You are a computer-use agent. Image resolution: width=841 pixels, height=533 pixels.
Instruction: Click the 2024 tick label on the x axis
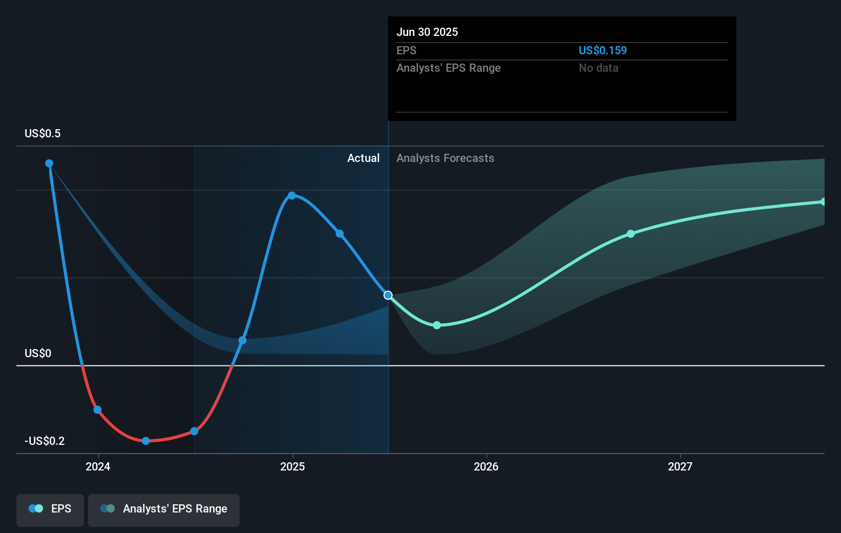click(98, 466)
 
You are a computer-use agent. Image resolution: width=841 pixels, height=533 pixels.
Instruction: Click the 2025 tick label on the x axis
click(292, 466)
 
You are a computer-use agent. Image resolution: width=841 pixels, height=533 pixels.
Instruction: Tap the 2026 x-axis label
click(486, 466)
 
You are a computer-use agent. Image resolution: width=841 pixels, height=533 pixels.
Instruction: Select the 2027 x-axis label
click(680, 466)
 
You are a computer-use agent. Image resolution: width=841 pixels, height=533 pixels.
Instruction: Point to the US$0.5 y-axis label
click(43, 134)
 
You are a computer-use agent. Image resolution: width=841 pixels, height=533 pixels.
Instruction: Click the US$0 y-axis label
click(38, 353)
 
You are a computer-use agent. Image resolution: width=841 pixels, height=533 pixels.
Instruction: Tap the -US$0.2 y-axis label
click(45, 441)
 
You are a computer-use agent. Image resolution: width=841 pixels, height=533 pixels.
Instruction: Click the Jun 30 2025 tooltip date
click(427, 32)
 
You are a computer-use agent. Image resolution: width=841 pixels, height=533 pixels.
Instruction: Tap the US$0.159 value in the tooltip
click(602, 50)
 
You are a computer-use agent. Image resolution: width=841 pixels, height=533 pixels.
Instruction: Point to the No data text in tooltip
click(598, 68)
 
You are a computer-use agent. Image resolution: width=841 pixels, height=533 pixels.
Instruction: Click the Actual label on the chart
click(363, 158)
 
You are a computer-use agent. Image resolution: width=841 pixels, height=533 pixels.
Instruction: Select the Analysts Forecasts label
click(445, 158)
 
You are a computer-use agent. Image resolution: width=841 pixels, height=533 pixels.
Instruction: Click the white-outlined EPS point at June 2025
click(388, 295)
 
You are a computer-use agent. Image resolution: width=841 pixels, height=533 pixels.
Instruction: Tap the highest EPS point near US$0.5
click(49, 163)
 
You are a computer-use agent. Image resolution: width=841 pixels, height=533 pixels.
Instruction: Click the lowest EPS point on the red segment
click(146, 441)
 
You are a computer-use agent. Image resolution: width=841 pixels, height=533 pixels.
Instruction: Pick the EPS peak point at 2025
click(292, 195)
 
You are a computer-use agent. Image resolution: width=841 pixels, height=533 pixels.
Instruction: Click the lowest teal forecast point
click(437, 325)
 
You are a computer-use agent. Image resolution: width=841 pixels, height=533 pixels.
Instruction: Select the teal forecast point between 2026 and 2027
click(631, 234)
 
